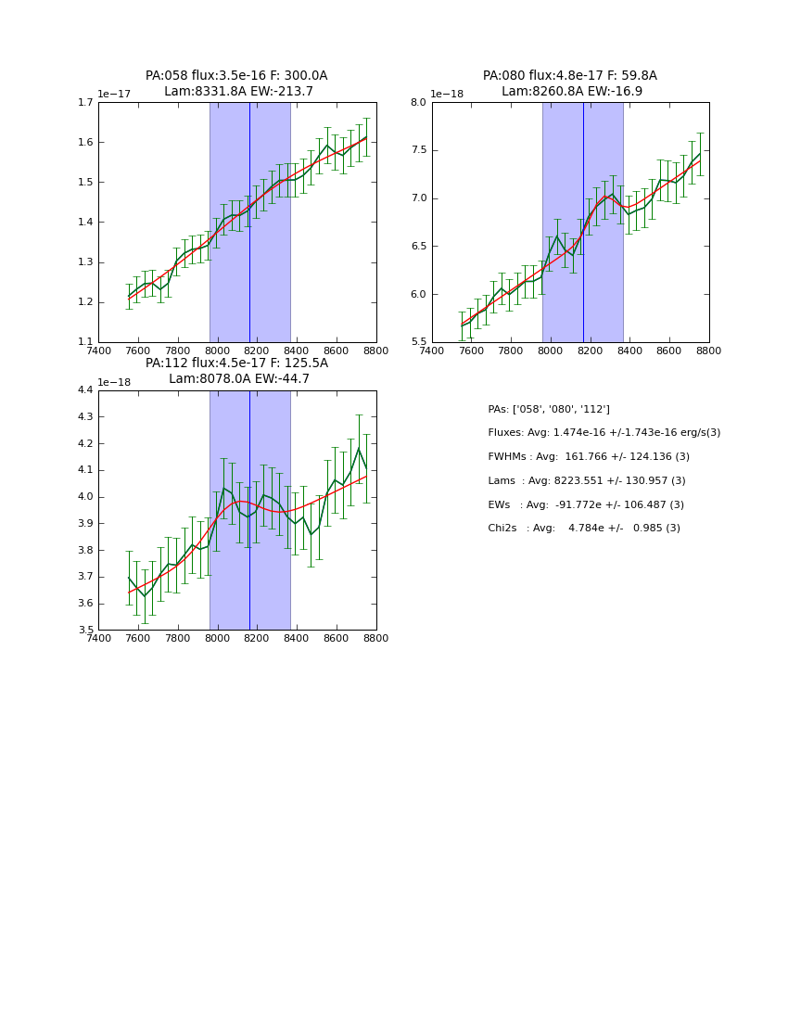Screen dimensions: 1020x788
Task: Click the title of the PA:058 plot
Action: pos(236,83)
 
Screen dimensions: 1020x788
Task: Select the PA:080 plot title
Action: pos(570,83)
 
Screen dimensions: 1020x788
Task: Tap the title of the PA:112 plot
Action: pos(236,371)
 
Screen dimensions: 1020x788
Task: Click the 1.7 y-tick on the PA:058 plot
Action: pos(84,103)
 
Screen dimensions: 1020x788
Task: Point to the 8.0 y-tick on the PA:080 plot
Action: pos(418,103)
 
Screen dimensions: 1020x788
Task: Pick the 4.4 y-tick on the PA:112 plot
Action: pos(84,390)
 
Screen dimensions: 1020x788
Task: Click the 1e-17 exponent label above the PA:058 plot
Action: pos(115,94)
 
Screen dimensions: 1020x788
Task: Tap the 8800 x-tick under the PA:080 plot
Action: pos(709,350)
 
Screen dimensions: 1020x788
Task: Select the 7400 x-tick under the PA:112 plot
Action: pos(98,638)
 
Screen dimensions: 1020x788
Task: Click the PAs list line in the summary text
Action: pos(549,409)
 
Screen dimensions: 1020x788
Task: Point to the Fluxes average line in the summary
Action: pos(604,433)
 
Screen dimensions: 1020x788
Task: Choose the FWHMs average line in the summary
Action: pos(589,457)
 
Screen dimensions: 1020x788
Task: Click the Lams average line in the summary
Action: pos(587,481)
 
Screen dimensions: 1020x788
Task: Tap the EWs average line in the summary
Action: pos(586,504)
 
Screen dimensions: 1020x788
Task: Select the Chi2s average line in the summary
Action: pos(584,529)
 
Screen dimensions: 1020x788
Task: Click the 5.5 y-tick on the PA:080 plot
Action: pos(418,342)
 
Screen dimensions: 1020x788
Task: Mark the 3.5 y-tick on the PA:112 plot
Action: pos(84,631)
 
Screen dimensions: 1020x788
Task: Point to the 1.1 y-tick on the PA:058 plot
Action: pos(84,342)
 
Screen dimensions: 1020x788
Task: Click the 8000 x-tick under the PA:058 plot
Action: pos(217,350)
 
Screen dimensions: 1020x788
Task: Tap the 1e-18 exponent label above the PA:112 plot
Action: pos(115,382)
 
